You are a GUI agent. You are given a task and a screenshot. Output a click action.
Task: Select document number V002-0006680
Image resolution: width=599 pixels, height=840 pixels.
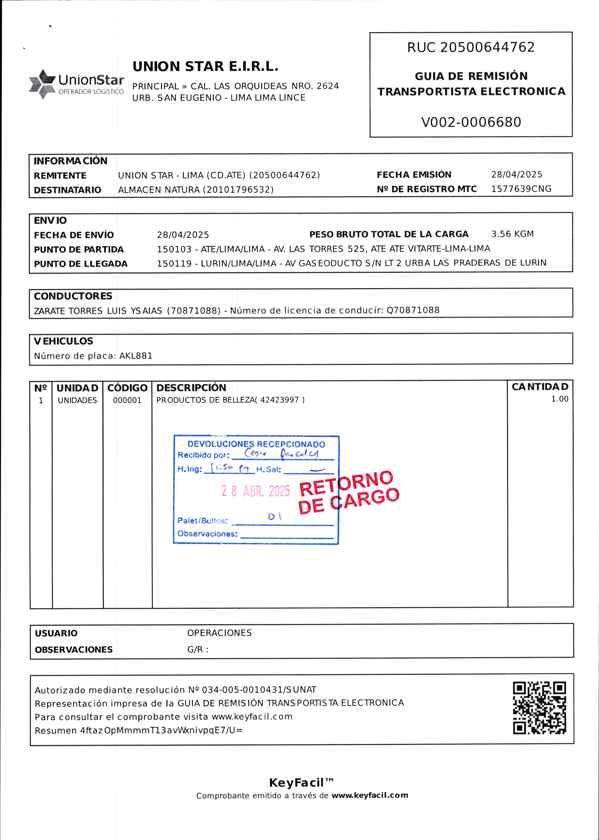[471, 122]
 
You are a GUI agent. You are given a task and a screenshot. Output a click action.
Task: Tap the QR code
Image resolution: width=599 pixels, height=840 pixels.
[539, 708]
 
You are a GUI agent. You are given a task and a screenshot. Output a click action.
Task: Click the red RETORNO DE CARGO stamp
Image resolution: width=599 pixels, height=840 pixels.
[349, 492]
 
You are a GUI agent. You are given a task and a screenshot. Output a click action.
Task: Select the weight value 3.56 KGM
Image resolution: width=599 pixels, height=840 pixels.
[512, 234]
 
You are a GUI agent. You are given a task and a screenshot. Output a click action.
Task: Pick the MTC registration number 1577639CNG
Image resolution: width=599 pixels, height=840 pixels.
[521, 189]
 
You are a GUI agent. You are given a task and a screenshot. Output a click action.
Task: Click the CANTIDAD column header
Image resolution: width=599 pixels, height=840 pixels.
[540, 387]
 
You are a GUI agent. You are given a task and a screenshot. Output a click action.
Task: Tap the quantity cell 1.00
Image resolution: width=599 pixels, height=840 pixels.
[560, 399]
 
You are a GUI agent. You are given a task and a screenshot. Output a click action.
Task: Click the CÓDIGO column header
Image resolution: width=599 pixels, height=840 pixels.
[127, 388]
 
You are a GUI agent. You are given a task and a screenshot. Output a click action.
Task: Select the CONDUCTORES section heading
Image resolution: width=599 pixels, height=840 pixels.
[73, 296]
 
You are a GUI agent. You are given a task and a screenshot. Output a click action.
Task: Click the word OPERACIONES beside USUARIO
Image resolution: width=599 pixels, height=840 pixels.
[219, 633]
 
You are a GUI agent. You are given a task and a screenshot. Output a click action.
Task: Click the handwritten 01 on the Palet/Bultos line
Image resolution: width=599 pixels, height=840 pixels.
[275, 517]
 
